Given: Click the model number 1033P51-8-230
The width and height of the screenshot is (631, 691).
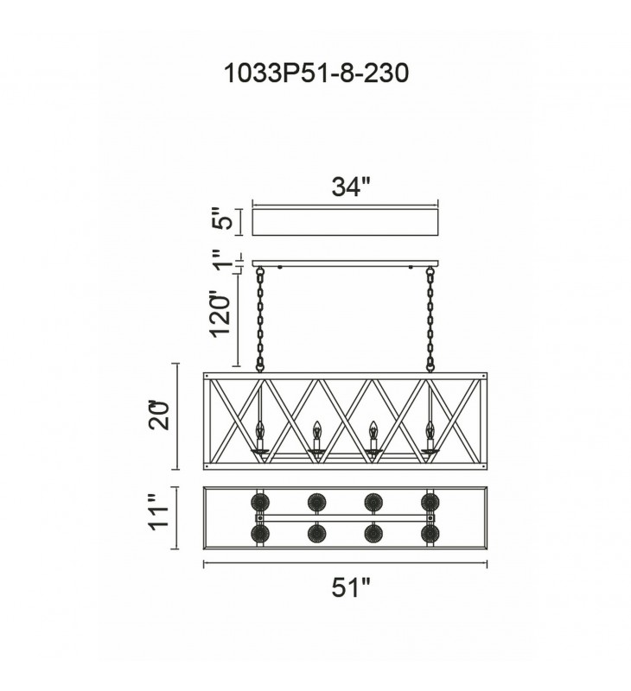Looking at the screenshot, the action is [x=316, y=73].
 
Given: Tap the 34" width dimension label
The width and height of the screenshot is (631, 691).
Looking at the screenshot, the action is [x=349, y=187].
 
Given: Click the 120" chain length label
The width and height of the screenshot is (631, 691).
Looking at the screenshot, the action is [x=220, y=314].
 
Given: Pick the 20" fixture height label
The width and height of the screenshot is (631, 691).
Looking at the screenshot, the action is [x=159, y=415].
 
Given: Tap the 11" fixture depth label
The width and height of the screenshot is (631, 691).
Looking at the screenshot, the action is [x=159, y=512].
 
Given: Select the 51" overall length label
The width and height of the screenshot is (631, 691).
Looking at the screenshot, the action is [x=351, y=587].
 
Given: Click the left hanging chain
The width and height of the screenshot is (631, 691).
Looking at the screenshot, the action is [x=260, y=320].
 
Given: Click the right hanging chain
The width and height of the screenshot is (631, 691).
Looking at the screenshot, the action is [x=430, y=320].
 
